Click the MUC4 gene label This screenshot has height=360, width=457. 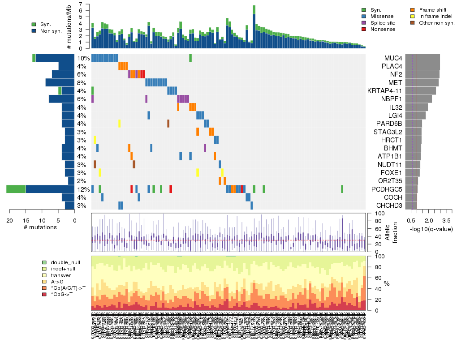pyautogui.click(x=393, y=58)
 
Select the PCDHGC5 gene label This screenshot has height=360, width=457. pyautogui.click(x=388, y=189)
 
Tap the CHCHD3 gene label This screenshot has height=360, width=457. pyautogui.click(x=389, y=206)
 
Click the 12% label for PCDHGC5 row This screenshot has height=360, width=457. pyautogui.click(x=83, y=189)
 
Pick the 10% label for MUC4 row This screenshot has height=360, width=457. pyautogui.click(x=83, y=58)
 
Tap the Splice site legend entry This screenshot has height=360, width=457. pyautogui.click(x=384, y=23)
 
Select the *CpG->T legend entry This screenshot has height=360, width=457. pyautogui.click(x=62, y=294)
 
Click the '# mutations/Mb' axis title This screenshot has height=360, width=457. pyautogui.click(x=69, y=26)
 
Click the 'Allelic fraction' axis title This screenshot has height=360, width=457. pyautogui.click(x=388, y=233)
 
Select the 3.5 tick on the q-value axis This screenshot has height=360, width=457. pyautogui.click(x=446, y=220)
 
